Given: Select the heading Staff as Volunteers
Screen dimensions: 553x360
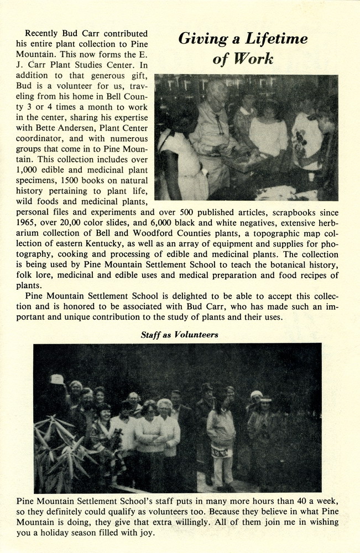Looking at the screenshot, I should pos(179,335).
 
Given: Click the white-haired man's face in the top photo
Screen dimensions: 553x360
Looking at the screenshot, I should pos(216,95).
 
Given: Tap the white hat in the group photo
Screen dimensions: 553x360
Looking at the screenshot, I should pos(57,379).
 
